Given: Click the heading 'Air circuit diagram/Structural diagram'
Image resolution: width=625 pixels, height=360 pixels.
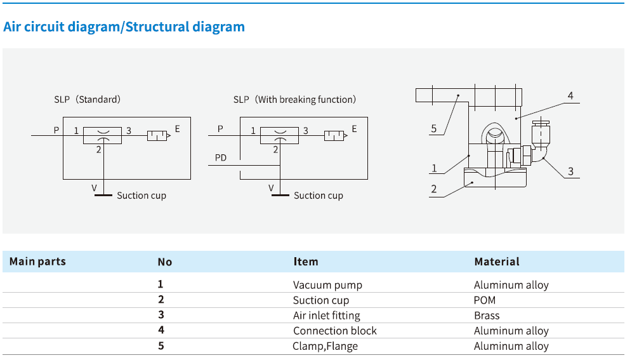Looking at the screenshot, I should click(124, 27).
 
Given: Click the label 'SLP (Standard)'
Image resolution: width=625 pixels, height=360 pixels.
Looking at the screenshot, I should click(88, 100).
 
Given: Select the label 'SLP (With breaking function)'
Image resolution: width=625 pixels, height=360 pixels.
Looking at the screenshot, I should click(294, 100).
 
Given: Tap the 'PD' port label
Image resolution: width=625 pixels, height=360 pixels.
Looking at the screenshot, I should click(220, 157).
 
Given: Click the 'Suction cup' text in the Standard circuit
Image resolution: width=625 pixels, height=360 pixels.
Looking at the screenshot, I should click(141, 196).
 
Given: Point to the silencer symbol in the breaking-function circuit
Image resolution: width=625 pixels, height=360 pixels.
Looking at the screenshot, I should click(334, 135).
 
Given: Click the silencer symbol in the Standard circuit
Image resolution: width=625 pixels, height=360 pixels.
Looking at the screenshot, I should click(157, 135).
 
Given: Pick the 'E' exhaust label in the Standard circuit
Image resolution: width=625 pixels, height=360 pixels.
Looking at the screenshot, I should click(178, 129).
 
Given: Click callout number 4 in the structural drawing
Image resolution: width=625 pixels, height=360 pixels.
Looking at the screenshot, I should click(570, 96).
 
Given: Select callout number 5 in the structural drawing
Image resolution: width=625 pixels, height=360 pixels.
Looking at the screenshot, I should click(433, 129).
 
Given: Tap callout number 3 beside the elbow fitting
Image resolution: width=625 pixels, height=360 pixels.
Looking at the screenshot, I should click(570, 171).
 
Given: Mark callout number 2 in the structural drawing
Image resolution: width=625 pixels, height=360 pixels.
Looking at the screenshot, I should click(433, 189).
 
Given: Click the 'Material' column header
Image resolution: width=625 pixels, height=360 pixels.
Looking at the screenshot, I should click(496, 262).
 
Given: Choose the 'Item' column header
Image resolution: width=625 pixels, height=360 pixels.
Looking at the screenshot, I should click(306, 262).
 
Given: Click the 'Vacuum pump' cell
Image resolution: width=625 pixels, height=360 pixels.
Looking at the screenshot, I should click(327, 285).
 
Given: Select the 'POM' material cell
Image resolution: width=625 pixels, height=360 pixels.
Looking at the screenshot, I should click(485, 300).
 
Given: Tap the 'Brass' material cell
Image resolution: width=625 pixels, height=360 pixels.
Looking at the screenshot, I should click(487, 316).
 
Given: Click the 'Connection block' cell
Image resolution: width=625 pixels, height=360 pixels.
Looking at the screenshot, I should click(334, 331).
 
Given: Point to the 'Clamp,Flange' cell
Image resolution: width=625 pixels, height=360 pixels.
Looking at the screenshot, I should click(325, 346).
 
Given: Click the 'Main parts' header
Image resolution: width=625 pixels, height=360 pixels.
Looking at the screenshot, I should click(37, 262).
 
